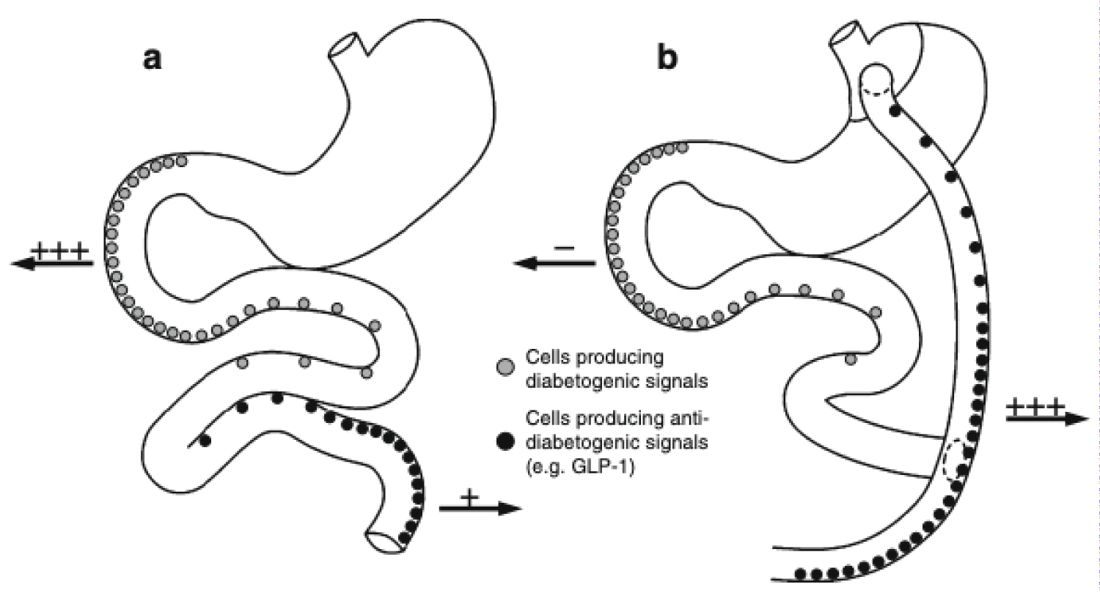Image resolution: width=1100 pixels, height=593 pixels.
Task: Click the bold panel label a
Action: (153, 59)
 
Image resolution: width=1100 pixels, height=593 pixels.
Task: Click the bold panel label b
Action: (668, 59)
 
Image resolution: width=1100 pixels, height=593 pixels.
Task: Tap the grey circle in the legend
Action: (505, 365)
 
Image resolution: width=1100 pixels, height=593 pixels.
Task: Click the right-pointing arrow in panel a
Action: (480, 508)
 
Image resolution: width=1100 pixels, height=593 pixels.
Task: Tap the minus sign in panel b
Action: (564, 249)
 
